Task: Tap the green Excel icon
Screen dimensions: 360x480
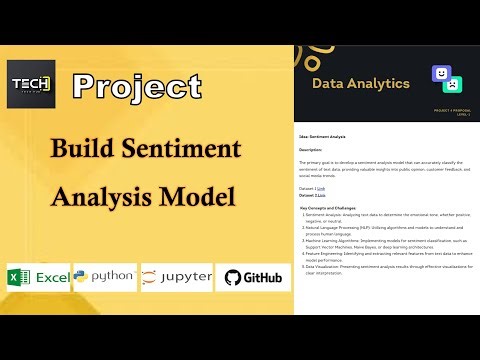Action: click(x=17, y=278)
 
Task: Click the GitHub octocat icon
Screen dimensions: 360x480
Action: click(x=233, y=278)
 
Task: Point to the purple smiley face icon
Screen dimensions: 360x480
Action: click(x=439, y=73)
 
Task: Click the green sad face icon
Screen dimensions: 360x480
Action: click(x=453, y=85)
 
